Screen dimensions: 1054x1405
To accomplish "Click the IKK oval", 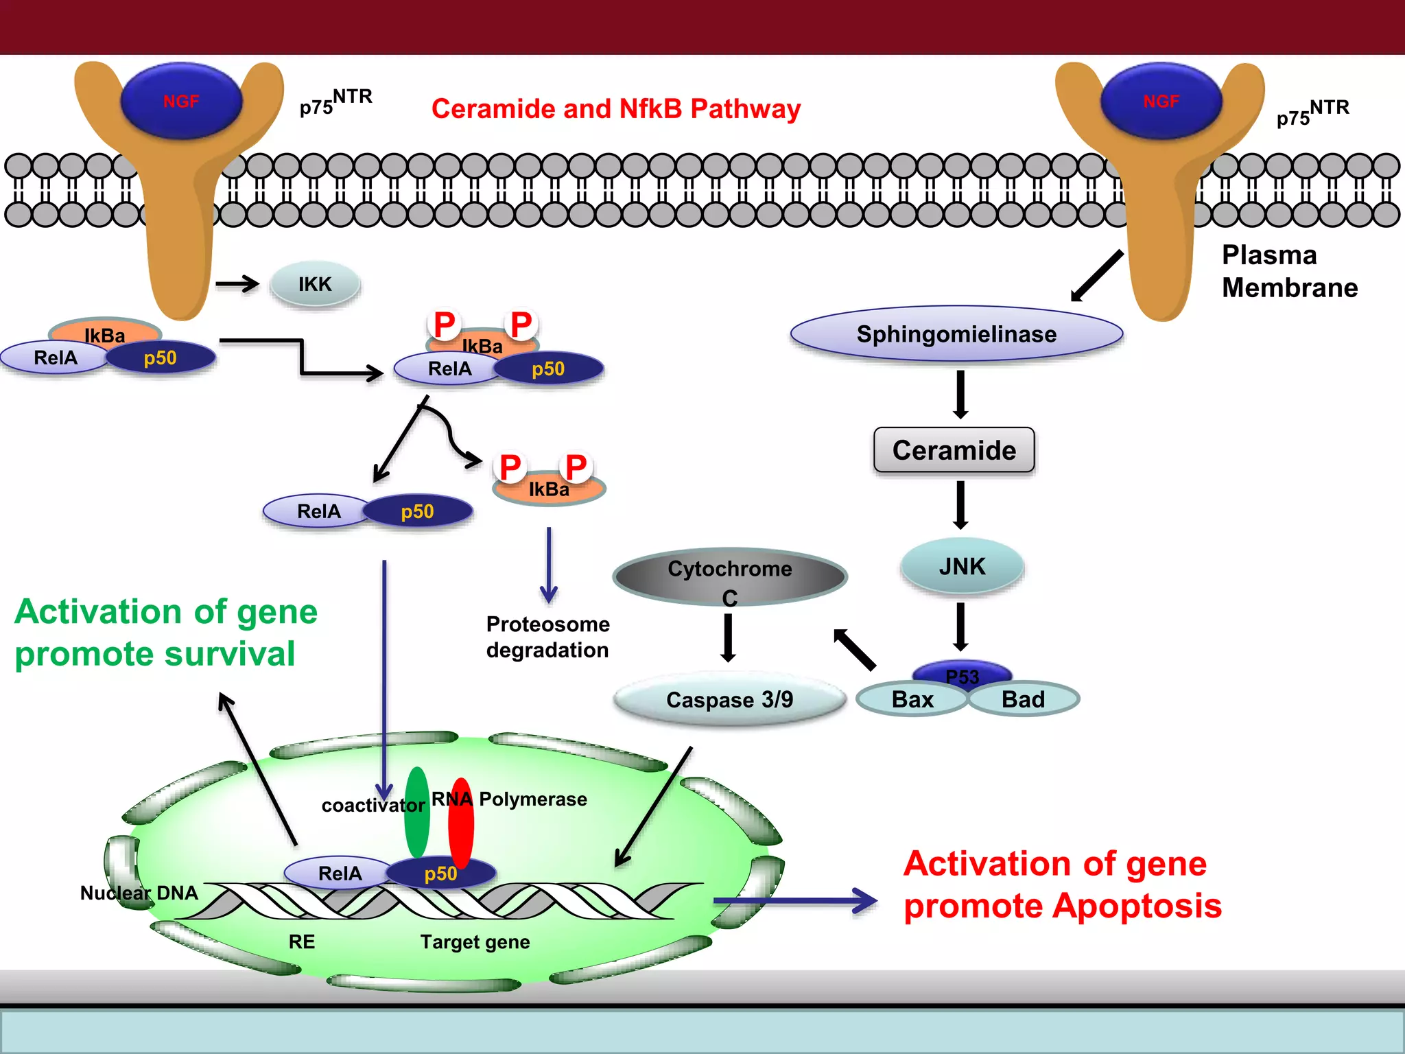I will coord(315,284).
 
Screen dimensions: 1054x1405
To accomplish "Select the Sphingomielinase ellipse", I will coord(956,334).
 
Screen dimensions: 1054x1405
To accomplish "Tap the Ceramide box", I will coord(954,450).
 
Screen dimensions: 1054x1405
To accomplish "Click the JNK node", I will coord(962,566).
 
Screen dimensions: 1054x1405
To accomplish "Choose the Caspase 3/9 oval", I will coord(730,699).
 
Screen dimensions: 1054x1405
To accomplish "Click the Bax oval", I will coord(912,699).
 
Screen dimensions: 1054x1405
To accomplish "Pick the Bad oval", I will coord(1023,699).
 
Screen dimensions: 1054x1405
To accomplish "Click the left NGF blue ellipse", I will coord(181,102).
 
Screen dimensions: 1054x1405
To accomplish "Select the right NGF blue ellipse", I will coord(1161,102).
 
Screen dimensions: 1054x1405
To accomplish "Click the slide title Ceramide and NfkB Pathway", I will coord(616,109).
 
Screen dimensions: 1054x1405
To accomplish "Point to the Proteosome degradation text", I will coord(547,637).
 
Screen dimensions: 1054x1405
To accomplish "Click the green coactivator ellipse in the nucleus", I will coord(416,813).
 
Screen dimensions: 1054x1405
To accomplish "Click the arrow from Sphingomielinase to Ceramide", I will coord(960,395).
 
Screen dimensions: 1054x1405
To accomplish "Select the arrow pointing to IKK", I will coord(237,283).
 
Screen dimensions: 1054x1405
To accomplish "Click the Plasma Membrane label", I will coord(1289,271).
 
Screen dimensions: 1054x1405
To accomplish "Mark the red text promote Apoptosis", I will coord(1062,906).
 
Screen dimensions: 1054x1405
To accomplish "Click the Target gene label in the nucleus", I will coord(475,941).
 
